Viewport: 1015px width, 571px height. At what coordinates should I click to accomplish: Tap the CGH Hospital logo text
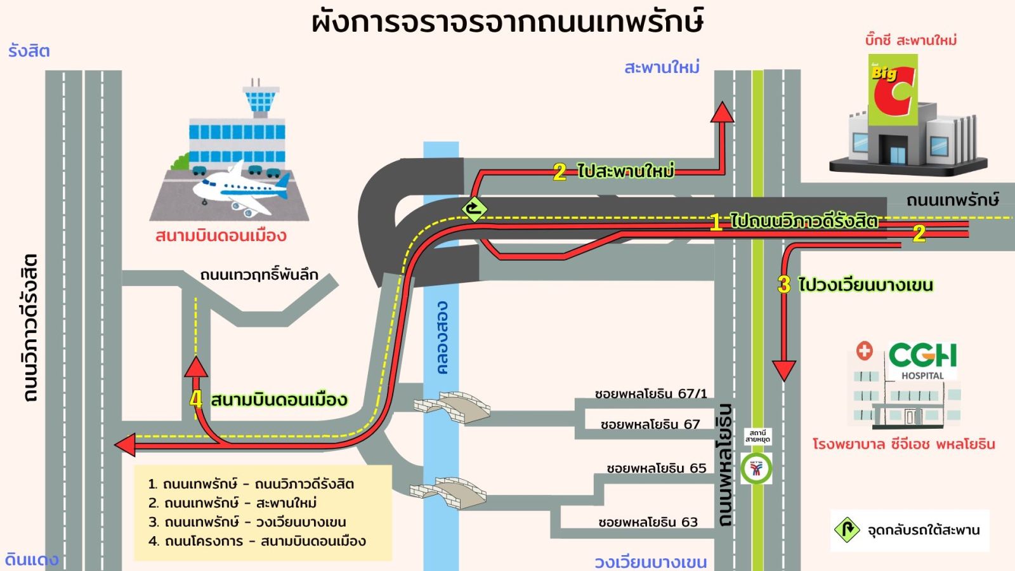pos(922,356)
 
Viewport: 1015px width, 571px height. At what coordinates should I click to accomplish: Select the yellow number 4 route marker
pos(196,399)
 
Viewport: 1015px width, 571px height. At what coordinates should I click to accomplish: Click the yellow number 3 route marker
pos(784,284)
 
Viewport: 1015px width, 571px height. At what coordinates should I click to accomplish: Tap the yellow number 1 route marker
pos(716,221)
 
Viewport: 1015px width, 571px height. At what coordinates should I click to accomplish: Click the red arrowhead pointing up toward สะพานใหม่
pos(722,112)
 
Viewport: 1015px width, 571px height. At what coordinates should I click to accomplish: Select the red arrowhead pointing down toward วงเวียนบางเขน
pos(784,371)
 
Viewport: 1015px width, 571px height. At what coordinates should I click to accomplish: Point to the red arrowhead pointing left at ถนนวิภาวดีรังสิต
pos(125,445)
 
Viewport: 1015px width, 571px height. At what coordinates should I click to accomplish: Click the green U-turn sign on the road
pos(474,208)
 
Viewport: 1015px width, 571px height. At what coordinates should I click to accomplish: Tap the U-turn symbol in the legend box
pos(847,529)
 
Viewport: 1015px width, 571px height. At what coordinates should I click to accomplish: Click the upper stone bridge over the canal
pos(452,407)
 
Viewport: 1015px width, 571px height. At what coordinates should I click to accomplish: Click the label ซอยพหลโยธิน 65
pos(656,468)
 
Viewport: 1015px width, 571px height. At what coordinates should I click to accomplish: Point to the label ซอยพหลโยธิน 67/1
pos(651,393)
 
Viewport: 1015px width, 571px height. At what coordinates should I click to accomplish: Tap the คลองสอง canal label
pos(442,338)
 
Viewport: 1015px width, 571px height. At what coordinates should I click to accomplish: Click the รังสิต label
pos(29,51)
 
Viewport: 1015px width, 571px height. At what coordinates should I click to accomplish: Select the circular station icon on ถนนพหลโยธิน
pos(757,469)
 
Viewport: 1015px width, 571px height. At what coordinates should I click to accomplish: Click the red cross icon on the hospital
pos(864,350)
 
